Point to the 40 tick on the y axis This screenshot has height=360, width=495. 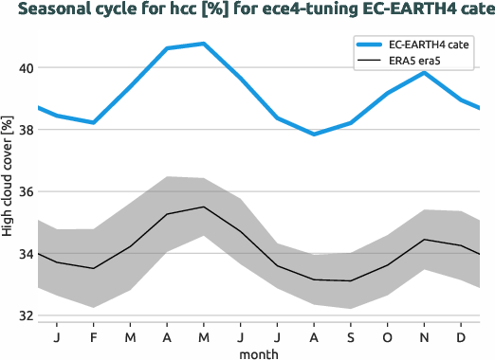click(24, 68)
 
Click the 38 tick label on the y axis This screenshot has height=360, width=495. click(24, 130)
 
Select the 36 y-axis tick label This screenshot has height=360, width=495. click(24, 191)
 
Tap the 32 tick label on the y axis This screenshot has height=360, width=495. click(24, 315)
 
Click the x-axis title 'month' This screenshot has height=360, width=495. click(258, 352)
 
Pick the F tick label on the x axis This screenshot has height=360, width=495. click(94, 336)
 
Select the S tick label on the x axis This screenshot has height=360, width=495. click(351, 336)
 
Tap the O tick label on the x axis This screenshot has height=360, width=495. click(387, 336)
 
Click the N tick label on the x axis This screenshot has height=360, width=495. click(425, 336)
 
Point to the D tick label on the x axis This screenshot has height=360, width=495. click(461, 336)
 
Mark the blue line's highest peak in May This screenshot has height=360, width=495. click(204, 44)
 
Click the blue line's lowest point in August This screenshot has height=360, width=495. click(314, 135)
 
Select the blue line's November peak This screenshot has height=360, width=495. click(425, 73)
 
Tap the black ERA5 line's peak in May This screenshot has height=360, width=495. click(204, 207)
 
